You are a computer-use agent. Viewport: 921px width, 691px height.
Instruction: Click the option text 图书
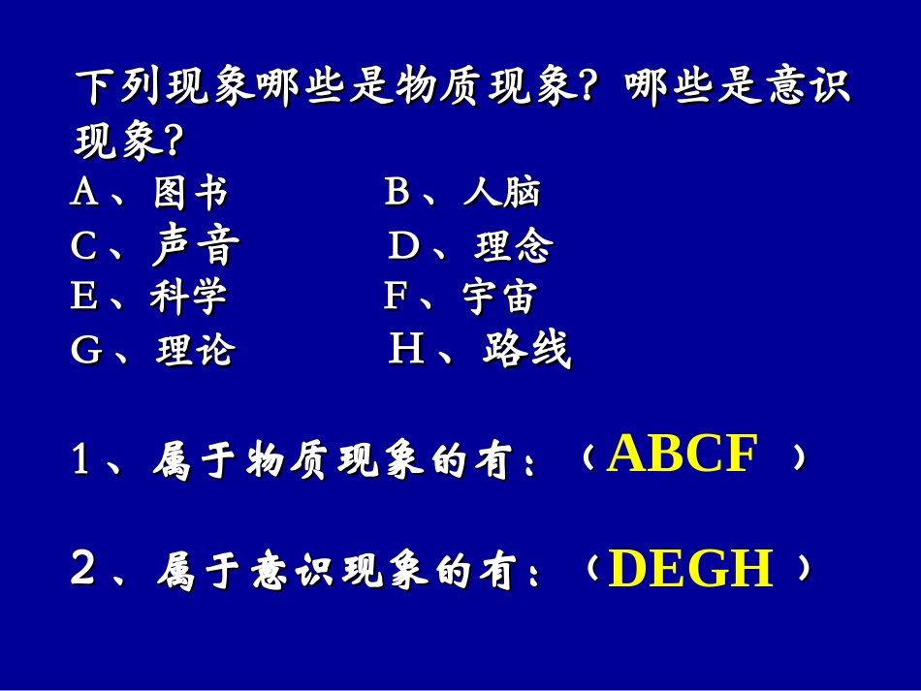click(191, 194)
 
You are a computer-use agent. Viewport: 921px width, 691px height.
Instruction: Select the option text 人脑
click(501, 194)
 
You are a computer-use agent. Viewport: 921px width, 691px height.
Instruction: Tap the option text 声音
click(196, 248)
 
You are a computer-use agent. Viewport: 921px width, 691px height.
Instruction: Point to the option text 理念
click(513, 248)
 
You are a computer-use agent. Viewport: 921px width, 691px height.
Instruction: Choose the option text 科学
click(189, 298)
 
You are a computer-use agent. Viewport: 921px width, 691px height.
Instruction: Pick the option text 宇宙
click(499, 298)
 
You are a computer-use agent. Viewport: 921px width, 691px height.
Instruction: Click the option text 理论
click(195, 351)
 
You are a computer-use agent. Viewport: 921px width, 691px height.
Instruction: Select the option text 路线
click(526, 351)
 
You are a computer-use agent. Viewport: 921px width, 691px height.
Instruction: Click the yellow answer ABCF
click(682, 455)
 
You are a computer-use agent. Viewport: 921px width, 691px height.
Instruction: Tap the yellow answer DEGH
click(691, 570)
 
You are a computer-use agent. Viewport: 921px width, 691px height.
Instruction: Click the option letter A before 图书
click(84, 194)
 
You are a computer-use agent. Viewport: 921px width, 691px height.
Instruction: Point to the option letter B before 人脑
click(397, 194)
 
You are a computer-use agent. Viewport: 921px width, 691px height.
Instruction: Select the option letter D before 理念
click(403, 248)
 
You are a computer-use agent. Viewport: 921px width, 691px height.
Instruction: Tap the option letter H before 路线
click(406, 350)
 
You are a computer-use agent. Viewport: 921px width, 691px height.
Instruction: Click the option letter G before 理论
click(86, 351)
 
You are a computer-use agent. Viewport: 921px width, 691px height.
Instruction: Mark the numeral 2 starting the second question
click(83, 570)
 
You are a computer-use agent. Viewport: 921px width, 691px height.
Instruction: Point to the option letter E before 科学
click(83, 298)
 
